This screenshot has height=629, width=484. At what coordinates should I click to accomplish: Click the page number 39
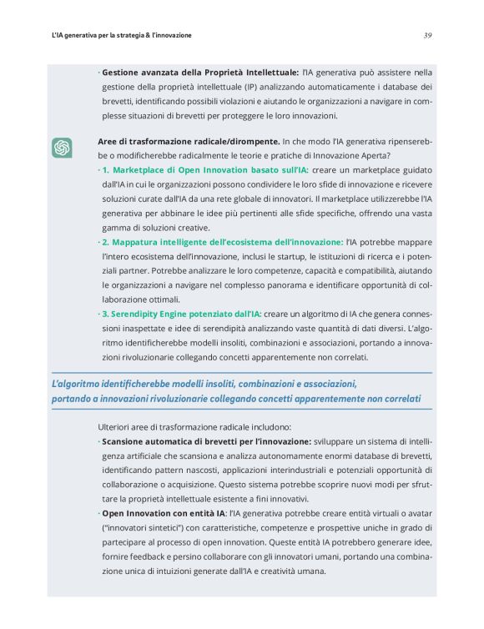point(426,35)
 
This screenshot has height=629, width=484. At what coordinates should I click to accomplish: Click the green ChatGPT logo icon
point(62,148)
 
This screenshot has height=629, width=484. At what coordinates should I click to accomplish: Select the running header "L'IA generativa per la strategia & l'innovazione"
point(121,35)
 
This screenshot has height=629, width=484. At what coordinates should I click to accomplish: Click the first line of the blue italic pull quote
point(204,384)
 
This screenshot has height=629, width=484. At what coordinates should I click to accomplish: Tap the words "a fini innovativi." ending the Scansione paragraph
point(270,498)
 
